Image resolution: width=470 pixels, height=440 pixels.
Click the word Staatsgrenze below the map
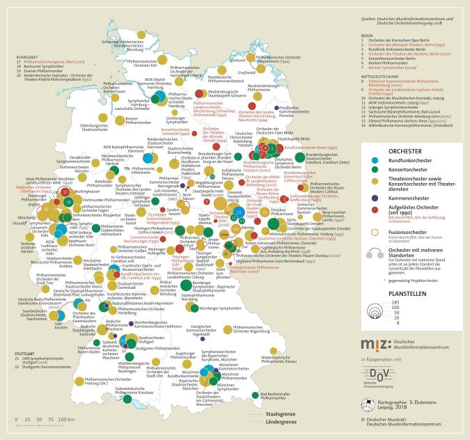(x=281, y=414)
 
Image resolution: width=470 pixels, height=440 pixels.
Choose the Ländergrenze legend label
(x=282, y=423)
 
